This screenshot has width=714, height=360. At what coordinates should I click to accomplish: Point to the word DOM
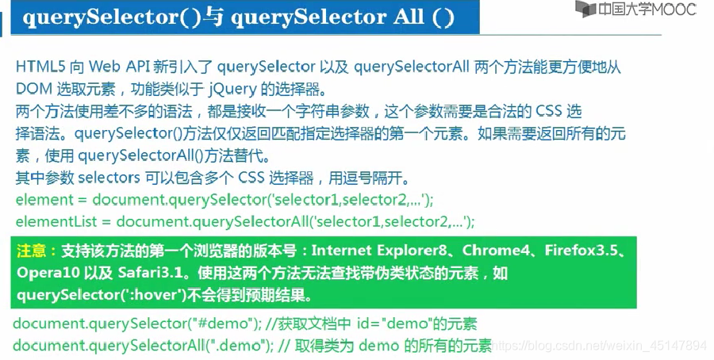[x=32, y=88]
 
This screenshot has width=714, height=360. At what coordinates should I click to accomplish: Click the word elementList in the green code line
[x=50, y=221]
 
